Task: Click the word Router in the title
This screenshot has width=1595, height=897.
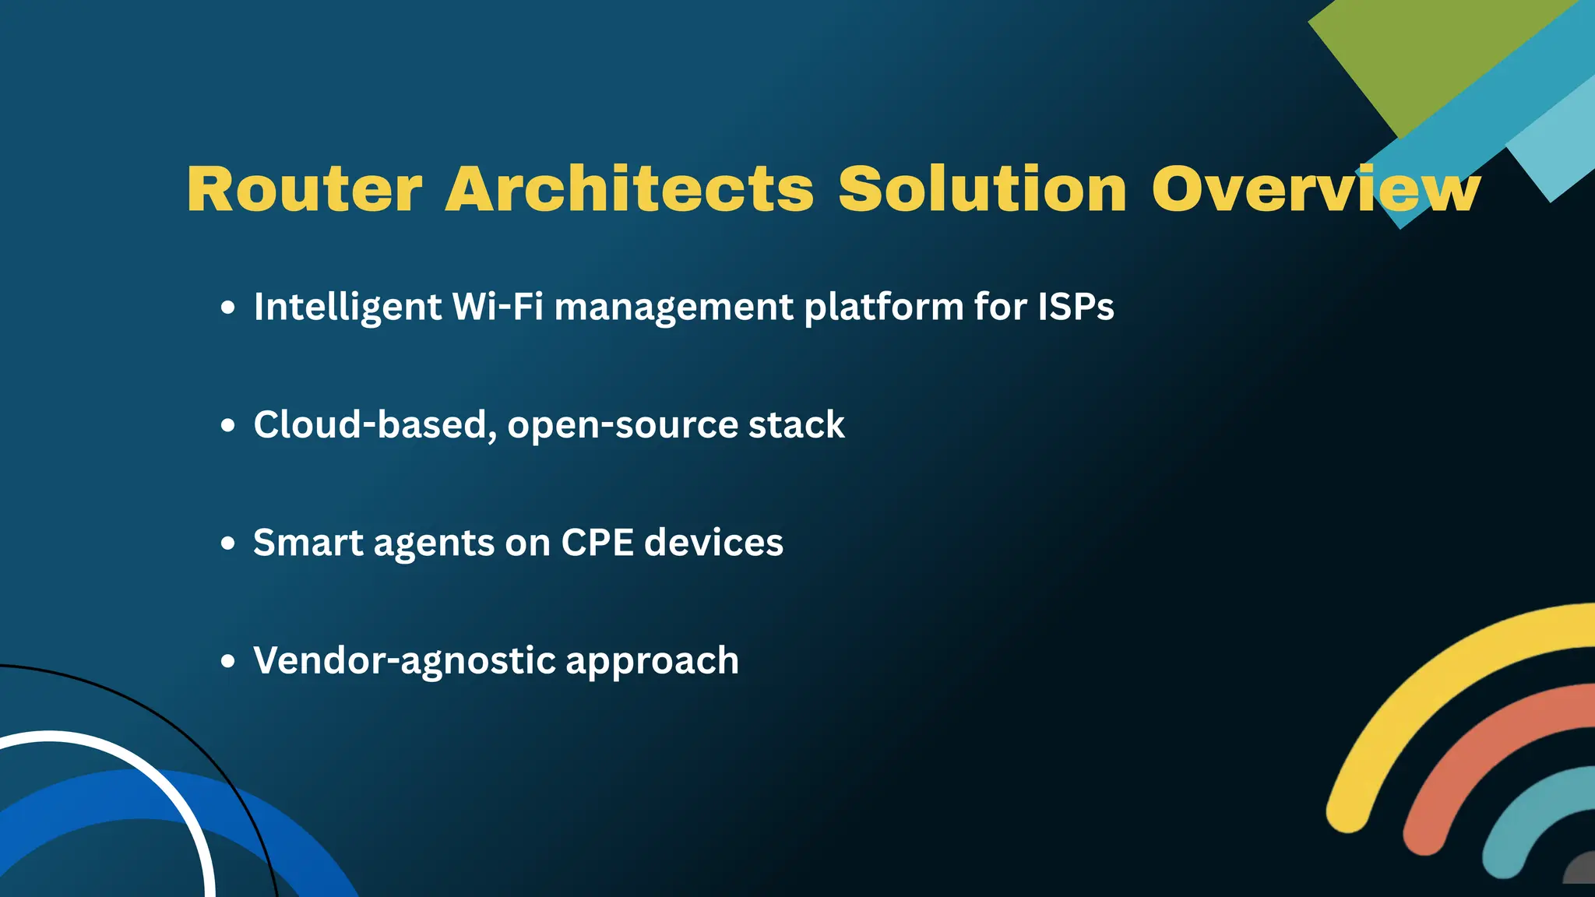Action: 304,189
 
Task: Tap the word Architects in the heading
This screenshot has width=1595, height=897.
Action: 629,189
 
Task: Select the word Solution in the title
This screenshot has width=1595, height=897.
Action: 982,189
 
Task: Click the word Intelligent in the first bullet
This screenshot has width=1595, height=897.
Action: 347,307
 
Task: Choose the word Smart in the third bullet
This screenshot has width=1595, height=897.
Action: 308,542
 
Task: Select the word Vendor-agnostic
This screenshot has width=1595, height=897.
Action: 404,660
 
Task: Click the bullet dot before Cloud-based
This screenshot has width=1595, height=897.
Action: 227,425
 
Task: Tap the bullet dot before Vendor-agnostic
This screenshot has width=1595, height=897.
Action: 227,661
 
